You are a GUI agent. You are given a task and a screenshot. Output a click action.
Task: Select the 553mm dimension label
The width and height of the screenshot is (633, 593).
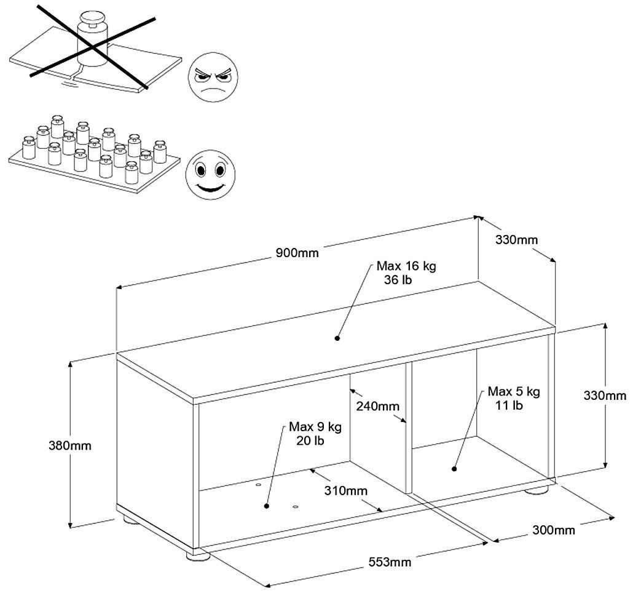(390, 561)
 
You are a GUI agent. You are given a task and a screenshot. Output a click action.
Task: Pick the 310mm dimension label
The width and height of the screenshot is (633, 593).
(347, 490)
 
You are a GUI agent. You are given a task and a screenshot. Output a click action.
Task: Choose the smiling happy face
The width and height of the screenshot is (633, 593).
(210, 173)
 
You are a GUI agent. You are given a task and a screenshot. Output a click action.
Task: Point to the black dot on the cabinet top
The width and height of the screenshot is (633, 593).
(337, 337)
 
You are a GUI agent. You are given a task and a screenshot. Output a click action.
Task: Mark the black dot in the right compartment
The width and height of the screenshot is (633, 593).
(454, 469)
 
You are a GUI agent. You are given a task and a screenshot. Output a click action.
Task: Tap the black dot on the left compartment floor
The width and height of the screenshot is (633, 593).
(267, 506)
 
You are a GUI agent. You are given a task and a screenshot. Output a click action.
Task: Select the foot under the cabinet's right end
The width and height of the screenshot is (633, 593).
(538, 491)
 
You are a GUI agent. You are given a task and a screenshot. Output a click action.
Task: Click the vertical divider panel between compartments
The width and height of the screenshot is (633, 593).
(406, 428)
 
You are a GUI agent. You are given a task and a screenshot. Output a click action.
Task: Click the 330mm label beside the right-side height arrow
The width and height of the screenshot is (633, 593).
(605, 396)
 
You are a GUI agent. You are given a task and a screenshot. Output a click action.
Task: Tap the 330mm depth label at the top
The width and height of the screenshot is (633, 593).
(516, 239)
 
